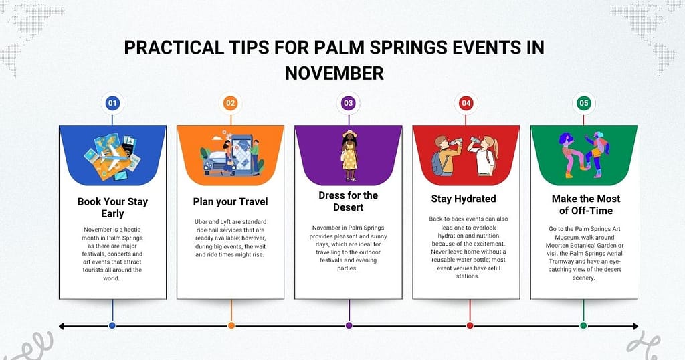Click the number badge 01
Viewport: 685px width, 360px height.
112,104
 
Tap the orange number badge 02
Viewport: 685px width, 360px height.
231,104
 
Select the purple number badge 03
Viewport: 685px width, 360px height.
348,104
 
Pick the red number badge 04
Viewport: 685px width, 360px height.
466,104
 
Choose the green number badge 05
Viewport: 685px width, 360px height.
583,104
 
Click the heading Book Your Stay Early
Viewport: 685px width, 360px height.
112,207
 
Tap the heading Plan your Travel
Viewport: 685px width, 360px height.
231,201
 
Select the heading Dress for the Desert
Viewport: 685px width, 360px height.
348,201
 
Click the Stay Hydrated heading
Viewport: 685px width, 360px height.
466,199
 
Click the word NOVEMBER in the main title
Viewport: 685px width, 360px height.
334,72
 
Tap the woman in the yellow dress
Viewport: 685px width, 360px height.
349,155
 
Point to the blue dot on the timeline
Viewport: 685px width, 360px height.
112,326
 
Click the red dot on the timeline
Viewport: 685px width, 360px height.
470,326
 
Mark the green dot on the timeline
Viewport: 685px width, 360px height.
583,326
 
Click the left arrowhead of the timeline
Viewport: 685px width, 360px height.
62,326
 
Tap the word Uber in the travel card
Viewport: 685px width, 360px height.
195,220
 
